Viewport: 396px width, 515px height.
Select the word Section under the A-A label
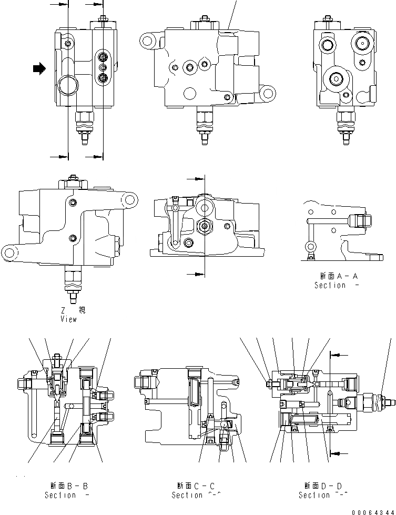pyautogui.click(x=330, y=285)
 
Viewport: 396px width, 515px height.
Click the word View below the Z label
pyautogui.click(x=68, y=319)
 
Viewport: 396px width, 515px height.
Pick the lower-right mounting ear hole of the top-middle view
pyautogui.click(x=267, y=95)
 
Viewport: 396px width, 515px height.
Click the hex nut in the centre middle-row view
pyautogui.click(x=204, y=227)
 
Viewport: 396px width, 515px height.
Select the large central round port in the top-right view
pyautogui.click(x=335, y=79)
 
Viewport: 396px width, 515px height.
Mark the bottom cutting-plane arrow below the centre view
pyautogui.click(x=198, y=274)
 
